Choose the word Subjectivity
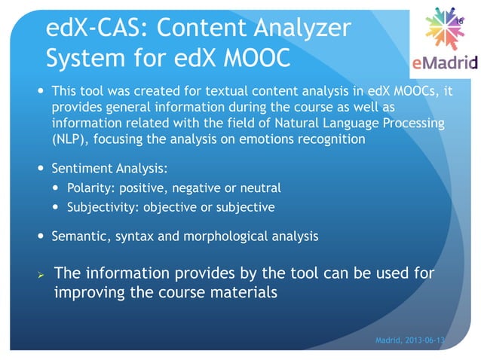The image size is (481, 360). pyautogui.click(x=100, y=206)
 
